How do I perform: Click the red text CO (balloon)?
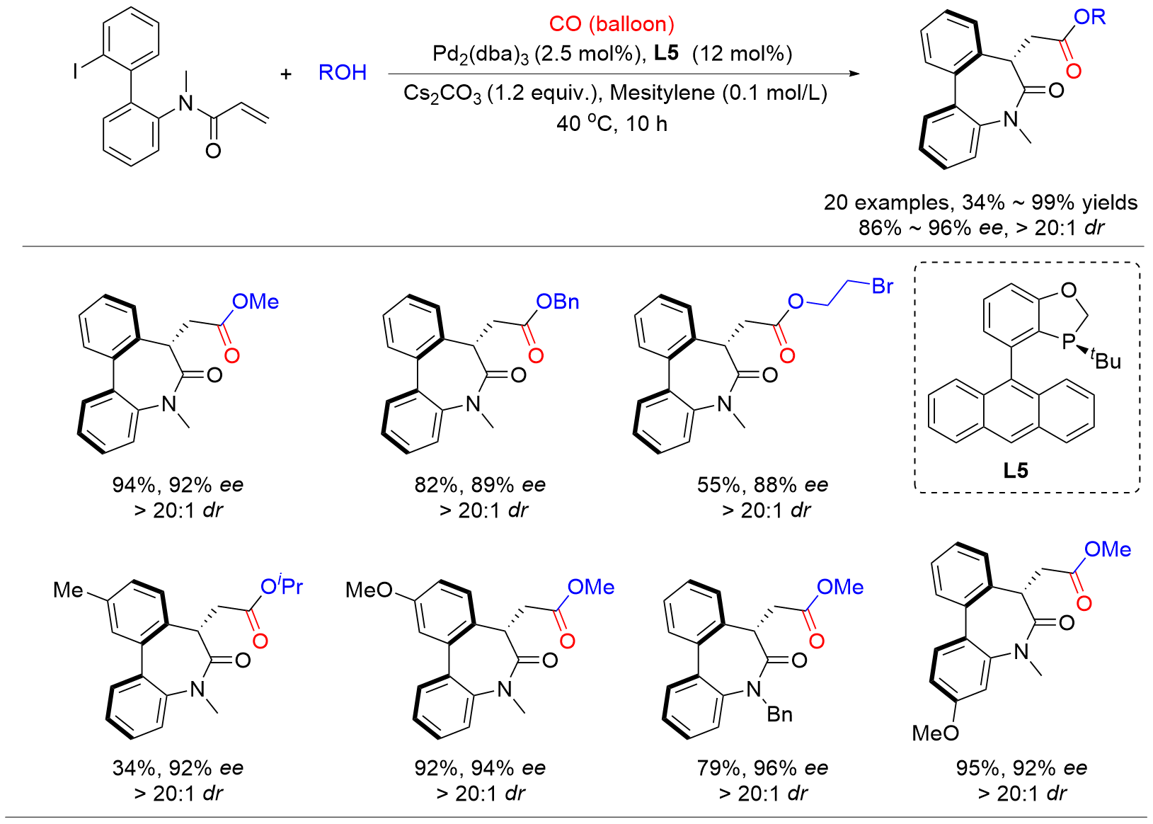click(612, 24)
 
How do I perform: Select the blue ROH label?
click(343, 72)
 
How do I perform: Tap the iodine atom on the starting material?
click(76, 71)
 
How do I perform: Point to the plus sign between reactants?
click(286, 73)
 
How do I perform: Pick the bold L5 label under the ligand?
click(1016, 470)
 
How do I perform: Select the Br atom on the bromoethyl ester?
click(883, 287)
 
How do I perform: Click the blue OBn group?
click(558, 302)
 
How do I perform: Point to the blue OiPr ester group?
click(282, 586)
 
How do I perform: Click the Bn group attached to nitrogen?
click(779, 714)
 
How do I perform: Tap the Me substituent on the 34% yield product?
click(68, 590)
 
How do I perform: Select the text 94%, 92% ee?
click(178, 485)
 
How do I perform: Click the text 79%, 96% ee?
click(762, 768)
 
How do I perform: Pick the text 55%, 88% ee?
click(762, 485)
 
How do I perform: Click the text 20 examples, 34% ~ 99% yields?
click(980, 203)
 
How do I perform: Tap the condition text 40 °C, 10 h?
click(612, 124)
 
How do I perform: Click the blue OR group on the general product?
click(1090, 17)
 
